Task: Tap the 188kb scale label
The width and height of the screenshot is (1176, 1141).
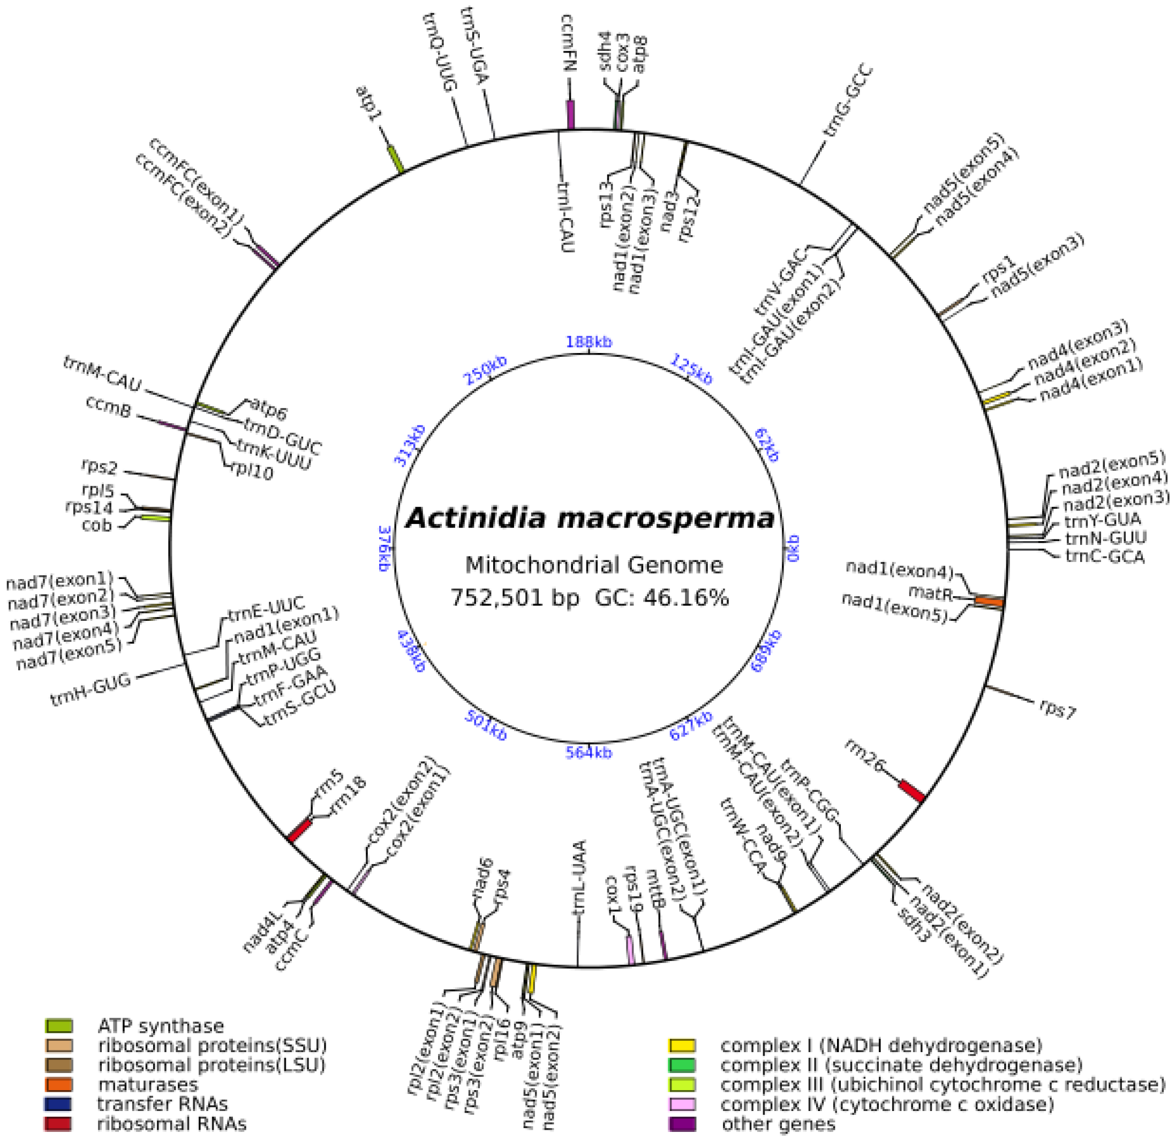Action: click(589, 342)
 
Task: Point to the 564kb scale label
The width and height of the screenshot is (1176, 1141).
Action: click(589, 753)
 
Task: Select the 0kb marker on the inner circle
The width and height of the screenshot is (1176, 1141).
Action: click(793, 547)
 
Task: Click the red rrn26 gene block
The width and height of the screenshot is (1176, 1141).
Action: click(912, 791)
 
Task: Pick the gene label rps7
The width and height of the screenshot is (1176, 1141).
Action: click(1058, 711)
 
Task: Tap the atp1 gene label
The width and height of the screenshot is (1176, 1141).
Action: click(369, 105)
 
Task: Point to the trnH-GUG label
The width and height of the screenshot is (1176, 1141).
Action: click(91, 690)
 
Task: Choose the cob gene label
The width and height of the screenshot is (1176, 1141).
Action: click(97, 525)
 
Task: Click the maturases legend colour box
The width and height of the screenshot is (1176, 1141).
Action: click(58, 1085)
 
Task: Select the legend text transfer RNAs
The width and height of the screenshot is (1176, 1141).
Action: click(162, 1104)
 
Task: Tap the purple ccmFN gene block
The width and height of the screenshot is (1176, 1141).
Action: click(571, 114)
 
